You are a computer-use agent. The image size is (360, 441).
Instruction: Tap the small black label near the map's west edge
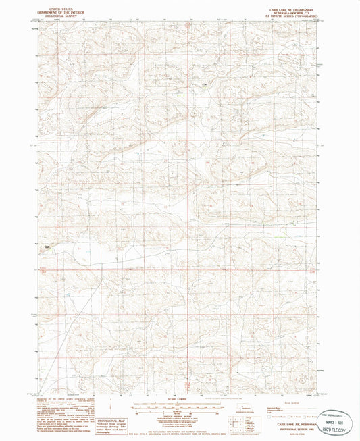[47, 247]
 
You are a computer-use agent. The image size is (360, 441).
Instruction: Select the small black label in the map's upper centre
[203, 84]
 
